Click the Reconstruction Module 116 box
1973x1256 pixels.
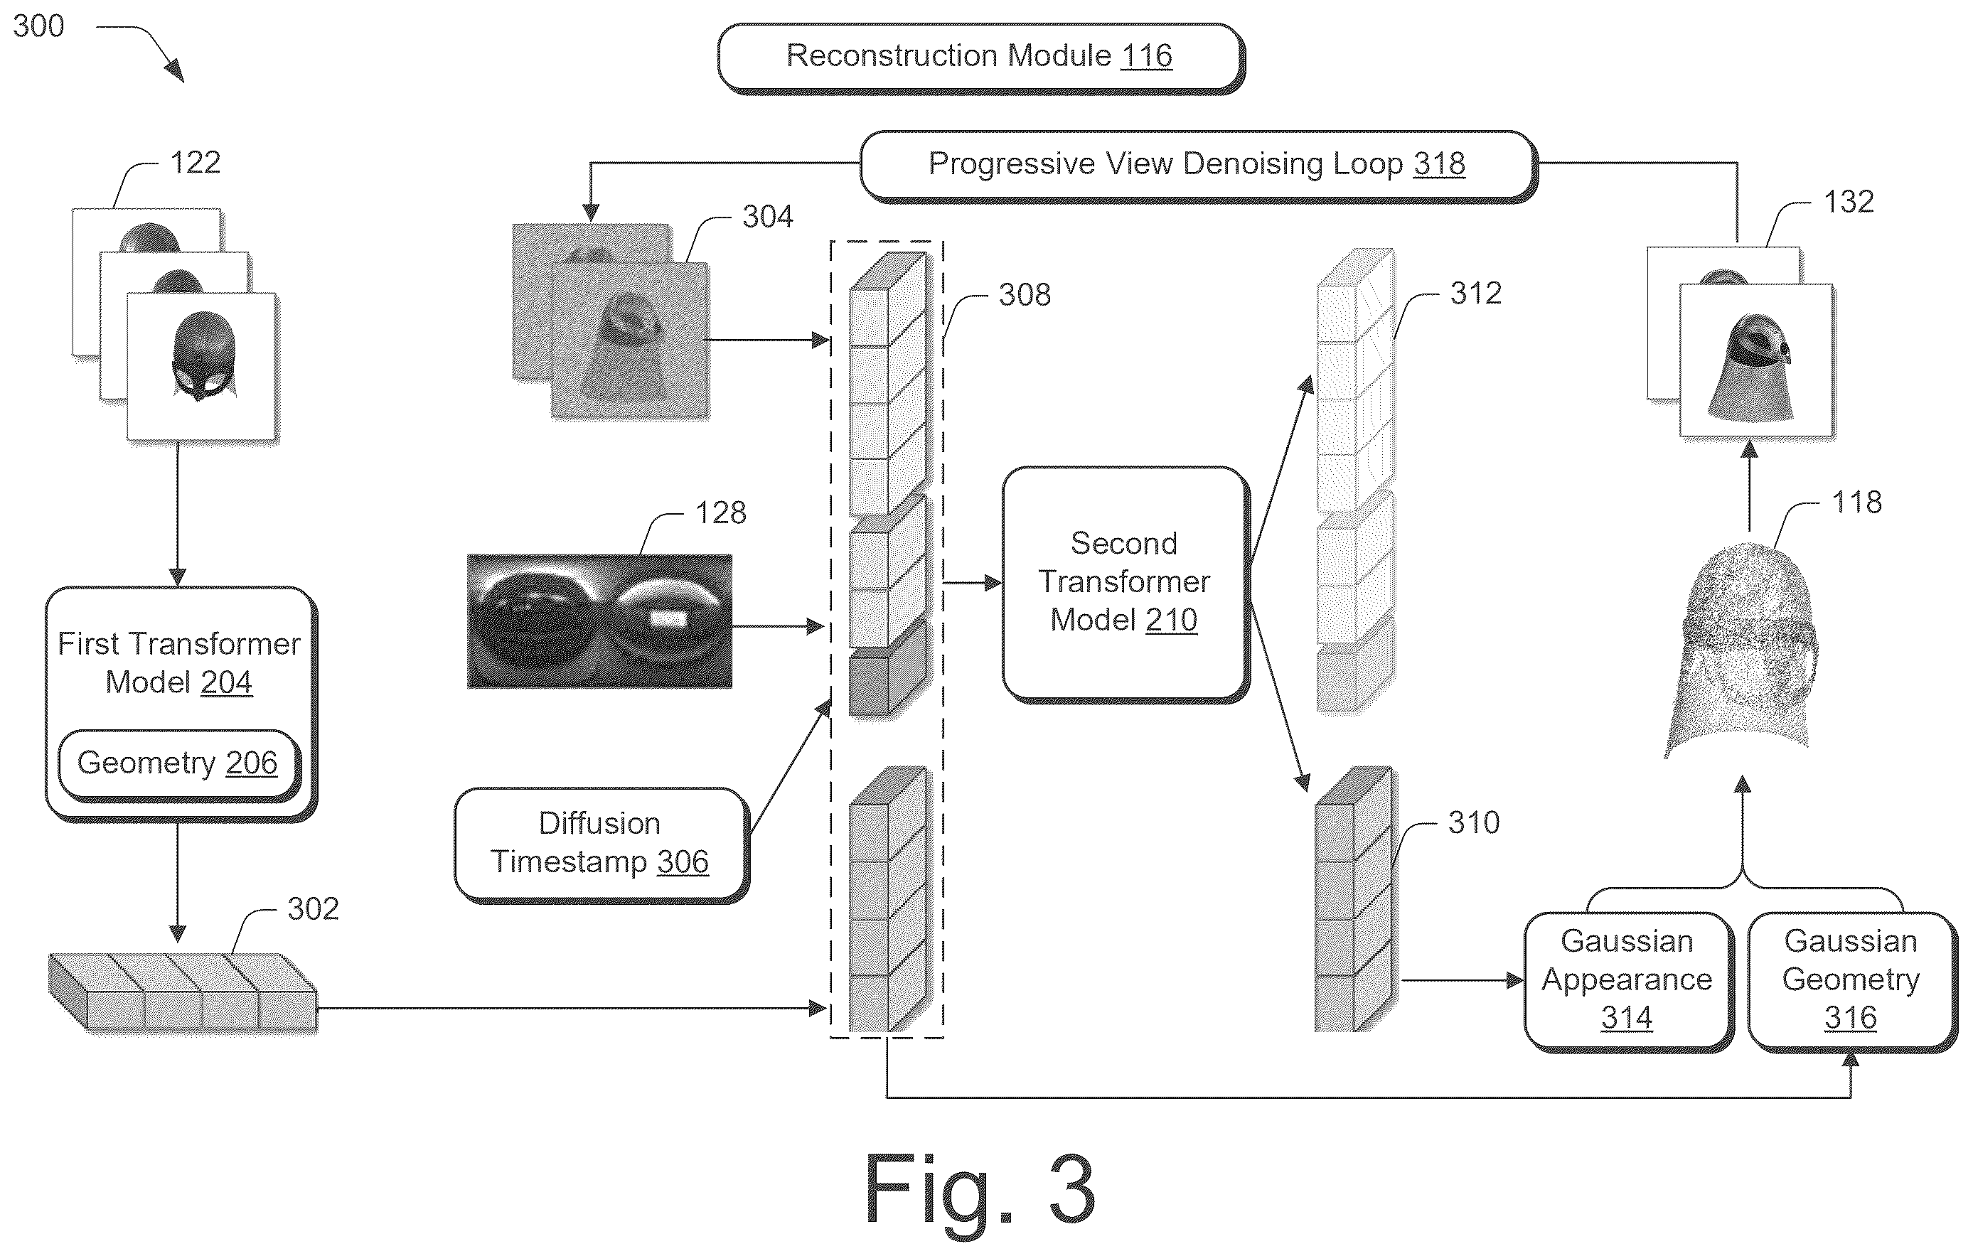(980, 58)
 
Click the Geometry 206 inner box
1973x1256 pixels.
(178, 764)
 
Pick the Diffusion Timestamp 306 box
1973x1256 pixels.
(601, 844)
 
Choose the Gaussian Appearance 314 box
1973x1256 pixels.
(1627, 981)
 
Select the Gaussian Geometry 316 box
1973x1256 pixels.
(1851, 981)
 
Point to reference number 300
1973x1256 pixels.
(38, 26)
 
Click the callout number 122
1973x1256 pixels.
(195, 162)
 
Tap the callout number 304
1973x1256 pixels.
(768, 217)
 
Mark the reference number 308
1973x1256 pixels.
(1025, 295)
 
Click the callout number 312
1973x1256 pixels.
(1475, 294)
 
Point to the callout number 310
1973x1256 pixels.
(1473, 822)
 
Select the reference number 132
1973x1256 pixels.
(1849, 202)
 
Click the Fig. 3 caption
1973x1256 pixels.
(980, 1191)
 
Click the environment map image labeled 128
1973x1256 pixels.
(600, 621)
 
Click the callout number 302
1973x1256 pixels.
(313, 909)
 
